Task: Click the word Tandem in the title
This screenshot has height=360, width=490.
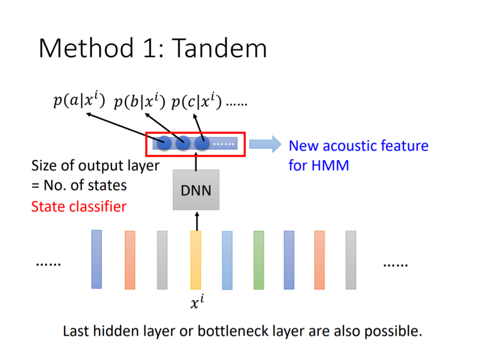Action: pos(220,48)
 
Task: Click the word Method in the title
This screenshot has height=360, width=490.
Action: pos(86,48)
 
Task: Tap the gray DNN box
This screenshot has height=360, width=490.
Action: pos(196,190)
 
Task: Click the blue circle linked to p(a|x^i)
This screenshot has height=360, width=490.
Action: pos(164,143)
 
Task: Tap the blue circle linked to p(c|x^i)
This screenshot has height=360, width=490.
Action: pos(202,143)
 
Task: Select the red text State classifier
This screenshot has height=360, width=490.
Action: pos(78,207)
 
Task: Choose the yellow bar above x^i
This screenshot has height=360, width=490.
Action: pos(196,260)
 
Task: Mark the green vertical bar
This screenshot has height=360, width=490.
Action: pos(259,260)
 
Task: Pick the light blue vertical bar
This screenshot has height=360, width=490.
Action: pos(227,260)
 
